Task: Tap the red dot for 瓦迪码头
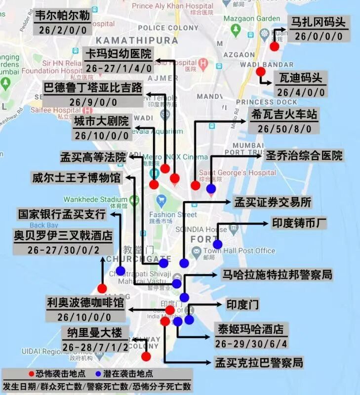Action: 261,72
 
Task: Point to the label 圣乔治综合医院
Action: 304,156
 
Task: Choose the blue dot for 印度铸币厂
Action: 217,244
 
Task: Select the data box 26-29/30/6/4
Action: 250,343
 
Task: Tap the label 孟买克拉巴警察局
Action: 258,363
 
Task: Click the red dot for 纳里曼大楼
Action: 146,356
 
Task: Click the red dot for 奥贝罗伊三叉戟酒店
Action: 102,288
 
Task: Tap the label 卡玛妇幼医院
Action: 119,54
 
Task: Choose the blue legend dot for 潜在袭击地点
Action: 98,374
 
